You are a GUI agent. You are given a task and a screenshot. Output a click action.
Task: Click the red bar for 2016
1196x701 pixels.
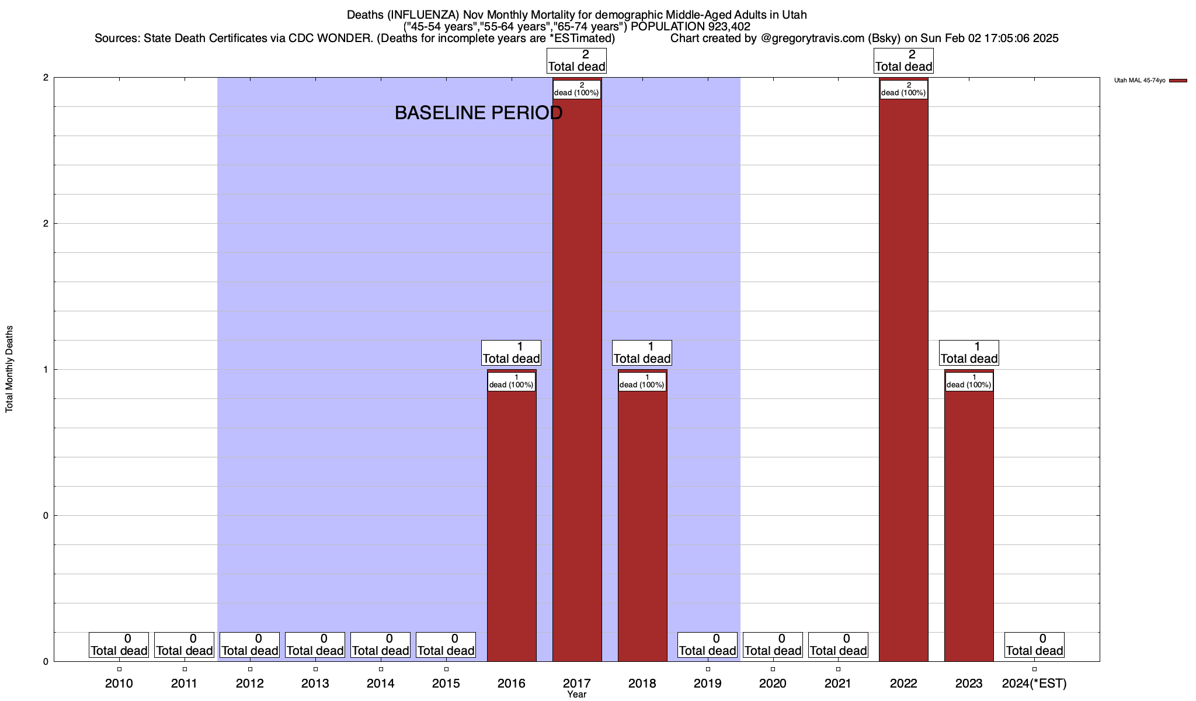512,526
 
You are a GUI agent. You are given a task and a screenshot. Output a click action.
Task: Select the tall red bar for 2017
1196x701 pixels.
577,380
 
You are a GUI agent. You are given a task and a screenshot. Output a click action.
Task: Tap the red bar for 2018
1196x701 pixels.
642,526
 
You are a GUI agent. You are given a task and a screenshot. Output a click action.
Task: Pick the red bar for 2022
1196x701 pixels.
903,380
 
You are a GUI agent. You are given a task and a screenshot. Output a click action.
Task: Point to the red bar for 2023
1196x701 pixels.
969,526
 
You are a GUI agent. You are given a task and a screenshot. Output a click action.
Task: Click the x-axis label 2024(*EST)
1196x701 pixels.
1034,683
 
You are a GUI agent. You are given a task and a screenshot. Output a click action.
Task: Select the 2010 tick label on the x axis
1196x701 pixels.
119,683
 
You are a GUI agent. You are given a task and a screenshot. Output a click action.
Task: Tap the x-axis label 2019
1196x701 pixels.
708,683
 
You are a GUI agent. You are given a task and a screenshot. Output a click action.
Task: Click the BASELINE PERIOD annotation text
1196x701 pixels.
478,113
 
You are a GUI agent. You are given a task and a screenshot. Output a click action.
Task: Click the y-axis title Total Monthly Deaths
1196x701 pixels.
9,369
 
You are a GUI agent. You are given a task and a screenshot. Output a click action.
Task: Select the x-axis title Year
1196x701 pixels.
577,695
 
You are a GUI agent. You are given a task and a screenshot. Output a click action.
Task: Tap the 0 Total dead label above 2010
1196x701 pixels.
119,645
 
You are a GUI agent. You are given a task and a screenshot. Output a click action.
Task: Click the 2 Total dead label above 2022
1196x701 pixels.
903,61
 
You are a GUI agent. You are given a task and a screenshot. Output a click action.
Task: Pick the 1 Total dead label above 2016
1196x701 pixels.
512,353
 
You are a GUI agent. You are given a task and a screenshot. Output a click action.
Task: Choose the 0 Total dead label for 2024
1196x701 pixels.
1034,645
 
